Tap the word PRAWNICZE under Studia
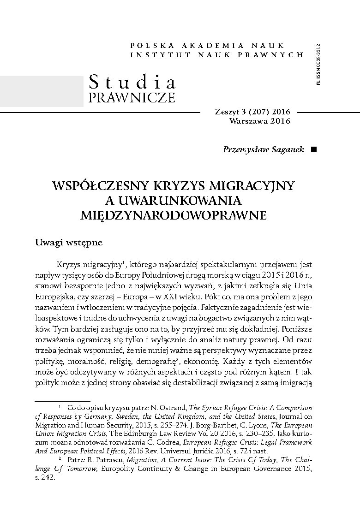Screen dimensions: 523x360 tap(132, 98)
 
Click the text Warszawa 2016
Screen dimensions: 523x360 tap(259, 121)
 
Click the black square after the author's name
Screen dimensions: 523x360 tap(314, 150)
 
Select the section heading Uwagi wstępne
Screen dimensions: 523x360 tap(69, 243)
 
